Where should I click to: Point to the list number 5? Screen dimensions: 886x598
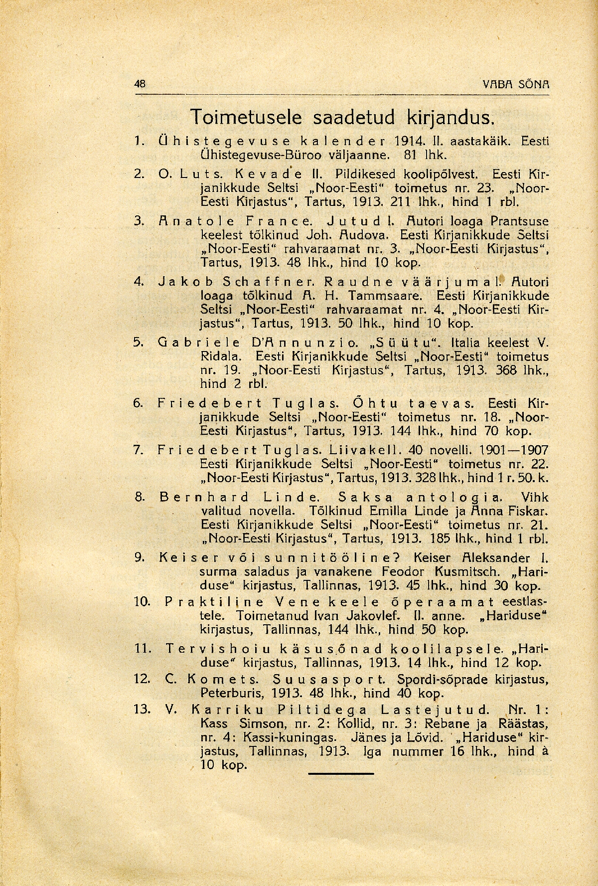139,343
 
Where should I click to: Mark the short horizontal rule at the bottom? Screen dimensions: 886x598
341,773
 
